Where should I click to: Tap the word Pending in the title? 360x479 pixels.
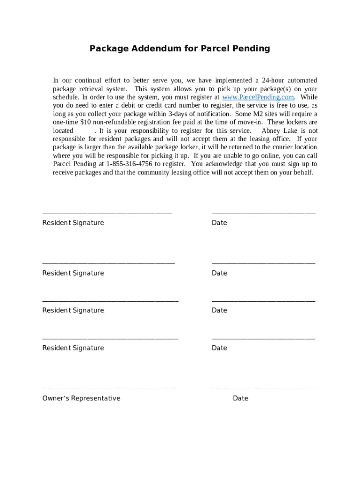[x=252, y=49]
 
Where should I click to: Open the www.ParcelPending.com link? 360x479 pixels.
[x=258, y=97]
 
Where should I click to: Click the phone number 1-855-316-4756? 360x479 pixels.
[x=129, y=164]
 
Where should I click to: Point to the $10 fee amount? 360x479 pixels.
[x=86, y=123]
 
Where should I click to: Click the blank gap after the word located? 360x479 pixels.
[x=83, y=131]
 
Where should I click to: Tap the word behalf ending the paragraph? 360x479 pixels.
[x=302, y=173]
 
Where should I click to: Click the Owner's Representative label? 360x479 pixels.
[x=81, y=399]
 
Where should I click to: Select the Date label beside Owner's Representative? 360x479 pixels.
[x=240, y=399]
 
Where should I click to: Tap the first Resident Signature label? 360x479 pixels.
[x=73, y=223]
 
